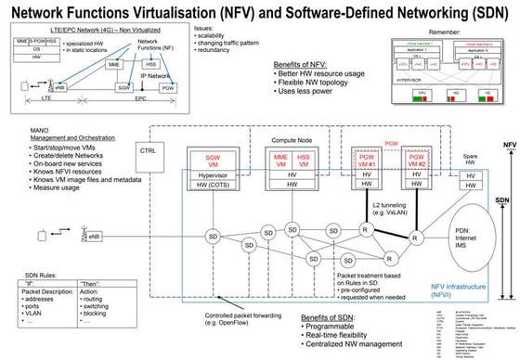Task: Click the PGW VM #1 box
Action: click(x=365, y=162)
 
